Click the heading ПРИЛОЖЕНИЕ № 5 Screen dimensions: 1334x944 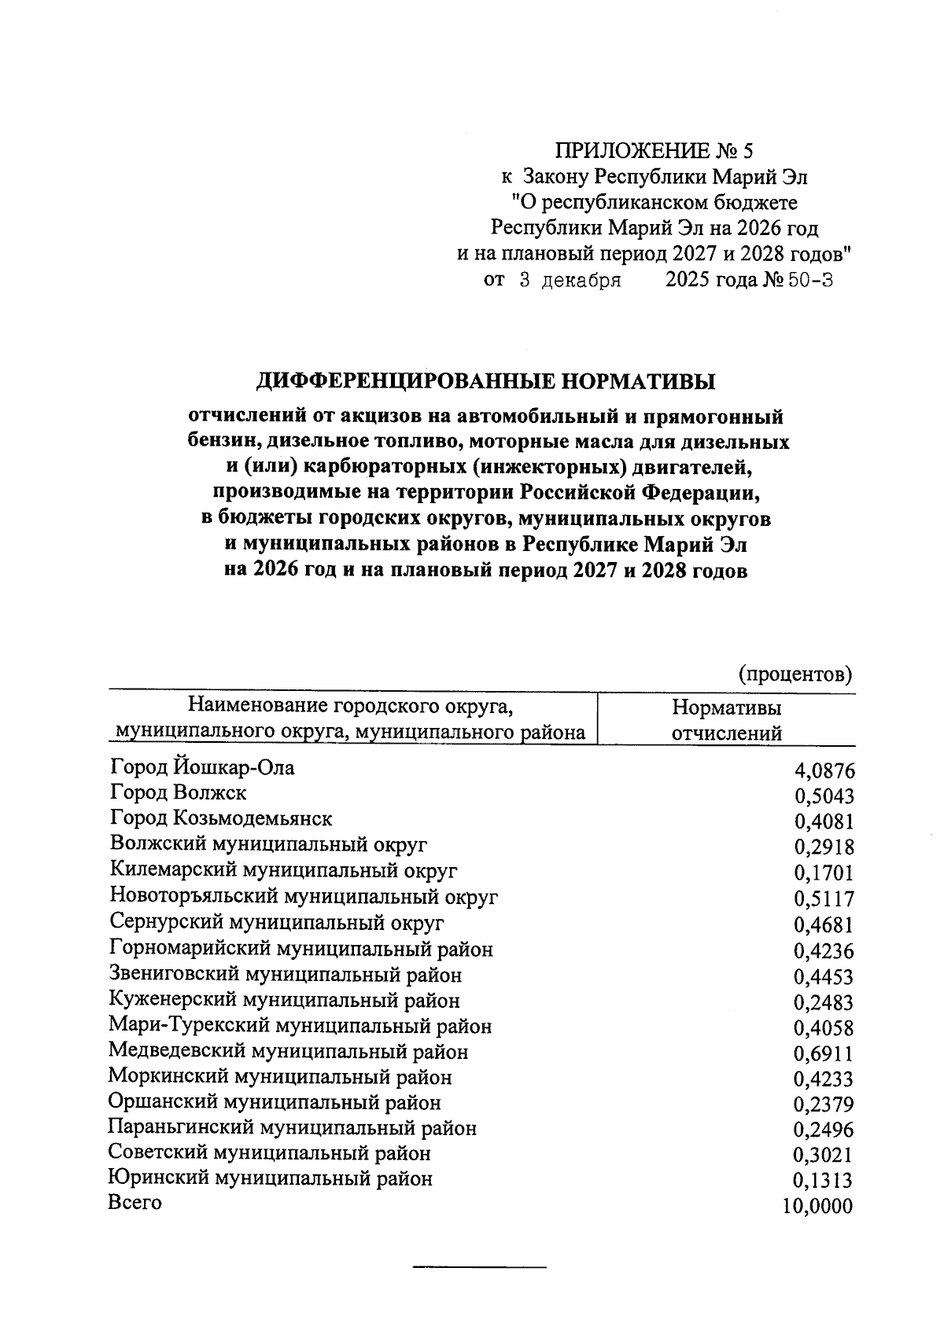pyautogui.click(x=654, y=151)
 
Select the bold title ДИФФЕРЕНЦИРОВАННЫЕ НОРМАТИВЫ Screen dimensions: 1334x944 pyautogui.click(x=487, y=382)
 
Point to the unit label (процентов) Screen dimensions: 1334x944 pyautogui.click(x=796, y=674)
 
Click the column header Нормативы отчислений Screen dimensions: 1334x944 pyautogui.click(x=726, y=720)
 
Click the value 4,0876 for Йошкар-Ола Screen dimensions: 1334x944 pyautogui.click(x=824, y=771)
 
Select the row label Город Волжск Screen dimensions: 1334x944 pyautogui.click(x=179, y=792)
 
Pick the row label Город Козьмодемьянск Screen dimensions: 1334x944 pyautogui.click(x=221, y=818)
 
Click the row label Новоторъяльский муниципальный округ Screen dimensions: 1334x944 pyautogui.click(x=304, y=896)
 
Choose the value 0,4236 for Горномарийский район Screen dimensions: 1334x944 pyautogui.click(x=824, y=951)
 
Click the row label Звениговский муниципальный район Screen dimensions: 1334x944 pyautogui.click(x=286, y=975)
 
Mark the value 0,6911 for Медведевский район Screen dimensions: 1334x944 pyautogui.click(x=824, y=1054)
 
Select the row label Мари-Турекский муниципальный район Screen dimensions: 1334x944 pyautogui.click(x=301, y=1026)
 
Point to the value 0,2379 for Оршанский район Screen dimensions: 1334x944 pyautogui.click(x=824, y=1105)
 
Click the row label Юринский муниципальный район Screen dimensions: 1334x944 pyautogui.click(x=271, y=1178)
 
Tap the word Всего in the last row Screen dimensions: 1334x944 pyautogui.click(x=135, y=1203)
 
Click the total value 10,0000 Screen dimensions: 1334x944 pyautogui.click(x=818, y=1207)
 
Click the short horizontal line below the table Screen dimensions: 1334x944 pyautogui.click(x=479, y=1267)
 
